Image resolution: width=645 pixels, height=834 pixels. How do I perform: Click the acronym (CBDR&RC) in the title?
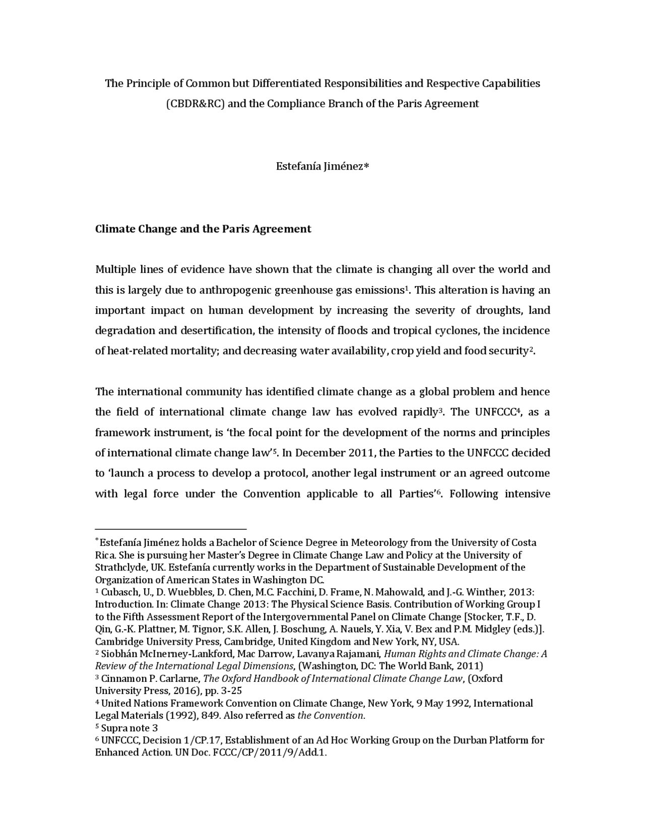[196, 104]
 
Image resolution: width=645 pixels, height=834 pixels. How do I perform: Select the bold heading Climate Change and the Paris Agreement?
[203, 229]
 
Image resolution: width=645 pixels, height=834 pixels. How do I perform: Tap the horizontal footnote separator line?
[171, 529]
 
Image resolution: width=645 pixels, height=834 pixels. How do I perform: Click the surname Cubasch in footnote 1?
[118, 592]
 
